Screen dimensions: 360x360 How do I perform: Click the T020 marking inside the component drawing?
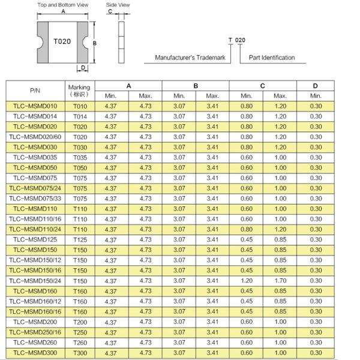[x=62, y=41]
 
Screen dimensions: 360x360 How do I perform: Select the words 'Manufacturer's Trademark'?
[x=190, y=58]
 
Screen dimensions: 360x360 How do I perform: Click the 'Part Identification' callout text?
[x=272, y=58]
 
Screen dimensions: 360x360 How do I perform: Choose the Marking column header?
[x=79, y=90]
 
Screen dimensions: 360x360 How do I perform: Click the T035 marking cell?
[x=79, y=157]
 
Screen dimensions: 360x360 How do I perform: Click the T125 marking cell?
[x=79, y=239]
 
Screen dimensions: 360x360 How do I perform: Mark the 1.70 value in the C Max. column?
[x=280, y=281]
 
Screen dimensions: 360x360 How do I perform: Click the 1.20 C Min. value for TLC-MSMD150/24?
[x=246, y=281]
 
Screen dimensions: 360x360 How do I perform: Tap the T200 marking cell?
[x=79, y=322]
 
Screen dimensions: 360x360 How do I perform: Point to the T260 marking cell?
[x=79, y=343]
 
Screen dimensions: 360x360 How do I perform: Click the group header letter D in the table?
[x=315, y=86]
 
